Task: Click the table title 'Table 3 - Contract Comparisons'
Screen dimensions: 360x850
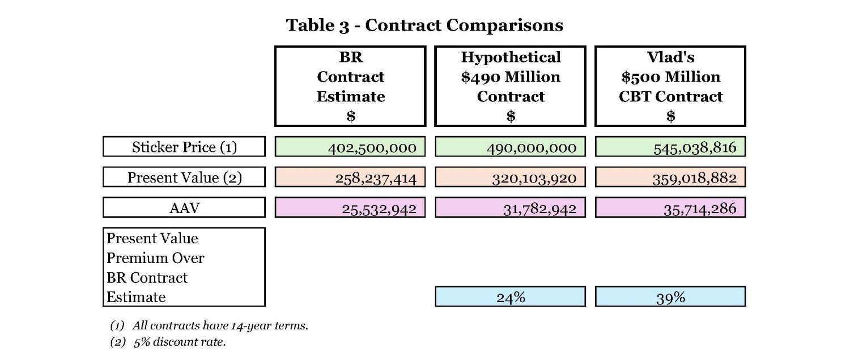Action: pos(424,26)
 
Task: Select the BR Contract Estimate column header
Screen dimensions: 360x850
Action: pos(350,86)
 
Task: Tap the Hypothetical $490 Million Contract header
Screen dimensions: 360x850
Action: pos(510,86)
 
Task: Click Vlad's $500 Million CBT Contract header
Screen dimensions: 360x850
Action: pos(670,86)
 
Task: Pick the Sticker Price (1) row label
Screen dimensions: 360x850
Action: pos(184,147)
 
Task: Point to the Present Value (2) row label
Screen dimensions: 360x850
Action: pos(184,177)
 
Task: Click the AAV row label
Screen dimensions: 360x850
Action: pos(184,207)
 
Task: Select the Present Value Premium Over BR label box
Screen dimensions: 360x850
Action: pos(184,267)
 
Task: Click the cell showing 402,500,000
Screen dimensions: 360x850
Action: pos(350,147)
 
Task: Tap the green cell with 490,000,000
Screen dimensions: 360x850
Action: pos(510,147)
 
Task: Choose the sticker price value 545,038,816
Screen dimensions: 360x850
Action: pos(670,147)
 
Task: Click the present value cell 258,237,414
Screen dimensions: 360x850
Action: pos(350,177)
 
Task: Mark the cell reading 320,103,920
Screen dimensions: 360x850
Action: pos(510,177)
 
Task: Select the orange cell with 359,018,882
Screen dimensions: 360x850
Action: pos(670,177)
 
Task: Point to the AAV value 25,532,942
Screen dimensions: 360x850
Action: pos(350,207)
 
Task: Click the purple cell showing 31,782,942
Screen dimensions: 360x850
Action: pos(510,207)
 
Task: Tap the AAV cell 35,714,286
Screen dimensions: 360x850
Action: pos(670,207)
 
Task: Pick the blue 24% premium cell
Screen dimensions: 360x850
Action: pos(510,297)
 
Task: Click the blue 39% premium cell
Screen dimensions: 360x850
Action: pos(670,297)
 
